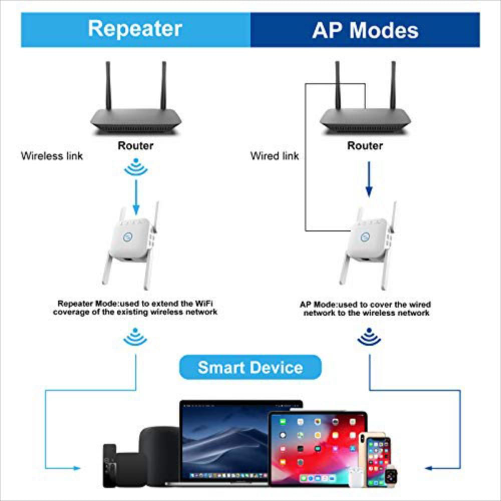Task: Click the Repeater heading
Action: pyautogui.click(x=135, y=29)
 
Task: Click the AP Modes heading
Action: pyautogui.click(x=365, y=31)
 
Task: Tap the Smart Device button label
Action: pyautogui.click(x=250, y=367)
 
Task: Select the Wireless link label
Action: pyautogui.click(x=52, y=156)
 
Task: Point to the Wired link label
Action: pyautogui.click(x=275, y=156)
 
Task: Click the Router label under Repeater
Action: pyautogui.click(x=135, y=146)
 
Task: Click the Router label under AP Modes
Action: pyautogui.click(x=365, y=146)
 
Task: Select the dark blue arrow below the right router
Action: pyautogui.click(x=369, y=179)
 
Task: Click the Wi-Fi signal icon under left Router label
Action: pyautogui.click(x=136, y=167)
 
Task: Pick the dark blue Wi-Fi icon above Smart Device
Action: pyautogui.click(x=369, y=337)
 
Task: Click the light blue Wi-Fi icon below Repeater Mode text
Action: pyautogui.click(x=135, y=337)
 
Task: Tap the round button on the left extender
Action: pyautogui.click(x=128, y=237)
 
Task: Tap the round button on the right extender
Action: pyautogui.click(x=365, y=237)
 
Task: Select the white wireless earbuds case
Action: pyautogui.click(x=356, y=477)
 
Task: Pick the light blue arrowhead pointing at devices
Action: pyautogui.click(x=77, y=468)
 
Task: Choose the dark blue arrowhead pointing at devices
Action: pyautogui.click(x=428, y=468)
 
